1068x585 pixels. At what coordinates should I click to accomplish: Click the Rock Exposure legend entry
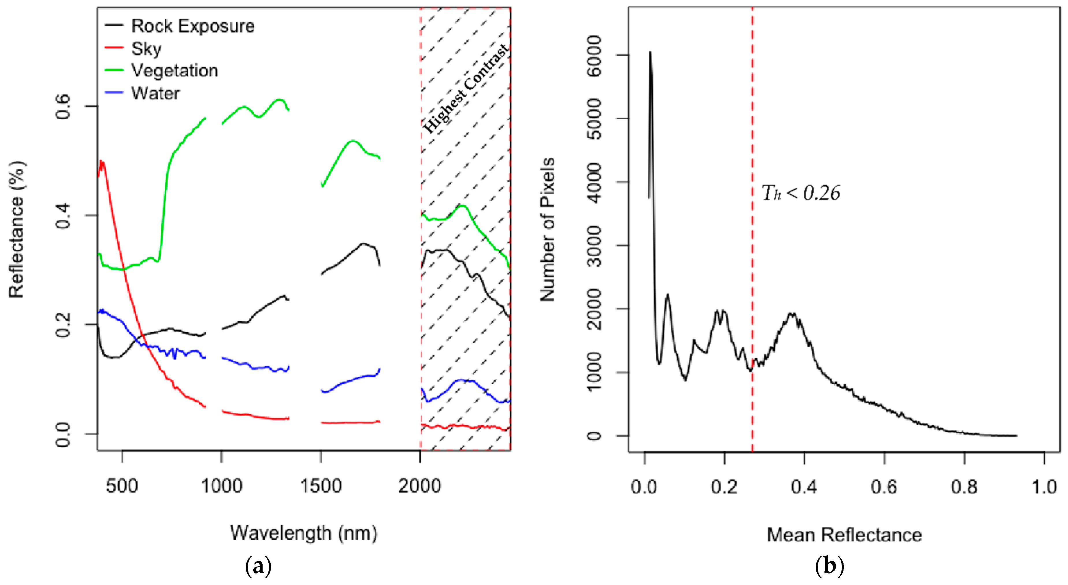(x=192, y=26)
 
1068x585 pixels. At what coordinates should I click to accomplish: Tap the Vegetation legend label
(x=174, y=71)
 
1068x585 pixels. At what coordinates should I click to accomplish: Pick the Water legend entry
(x=155, y=93)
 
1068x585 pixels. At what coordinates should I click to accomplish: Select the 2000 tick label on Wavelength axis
(x=419, y=486)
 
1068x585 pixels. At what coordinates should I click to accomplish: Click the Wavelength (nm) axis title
(x=304, y=533)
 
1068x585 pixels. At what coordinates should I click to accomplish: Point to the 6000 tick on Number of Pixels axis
(x=595, y=55)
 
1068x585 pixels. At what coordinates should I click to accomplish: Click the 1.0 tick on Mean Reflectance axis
(x=1044, y=487)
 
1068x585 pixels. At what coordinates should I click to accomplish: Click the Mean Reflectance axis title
(x=844, y=535)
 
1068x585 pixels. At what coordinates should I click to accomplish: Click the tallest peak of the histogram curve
(x=650, y=52)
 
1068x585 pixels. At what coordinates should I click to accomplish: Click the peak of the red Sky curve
(x=102, y=162)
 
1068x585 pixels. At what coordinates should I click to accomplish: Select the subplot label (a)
(x=258, y=566)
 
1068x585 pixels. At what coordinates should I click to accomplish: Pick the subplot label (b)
(x=829, y=566)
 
